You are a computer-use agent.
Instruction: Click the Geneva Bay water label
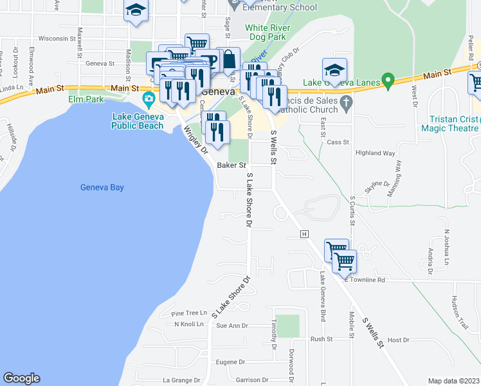[102, 188]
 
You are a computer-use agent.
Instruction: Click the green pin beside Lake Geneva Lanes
[387, 82]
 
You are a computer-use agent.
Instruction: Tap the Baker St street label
[232, 165]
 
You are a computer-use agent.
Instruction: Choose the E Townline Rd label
[364, 280]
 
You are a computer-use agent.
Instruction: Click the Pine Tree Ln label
[190, 313]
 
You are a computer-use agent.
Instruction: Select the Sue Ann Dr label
[232, 326]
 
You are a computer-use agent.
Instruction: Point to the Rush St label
[321, 339]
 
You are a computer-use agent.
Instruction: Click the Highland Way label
[376, 153]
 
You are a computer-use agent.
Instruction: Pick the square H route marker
[305, 234]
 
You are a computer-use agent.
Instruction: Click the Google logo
[21, 378]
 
